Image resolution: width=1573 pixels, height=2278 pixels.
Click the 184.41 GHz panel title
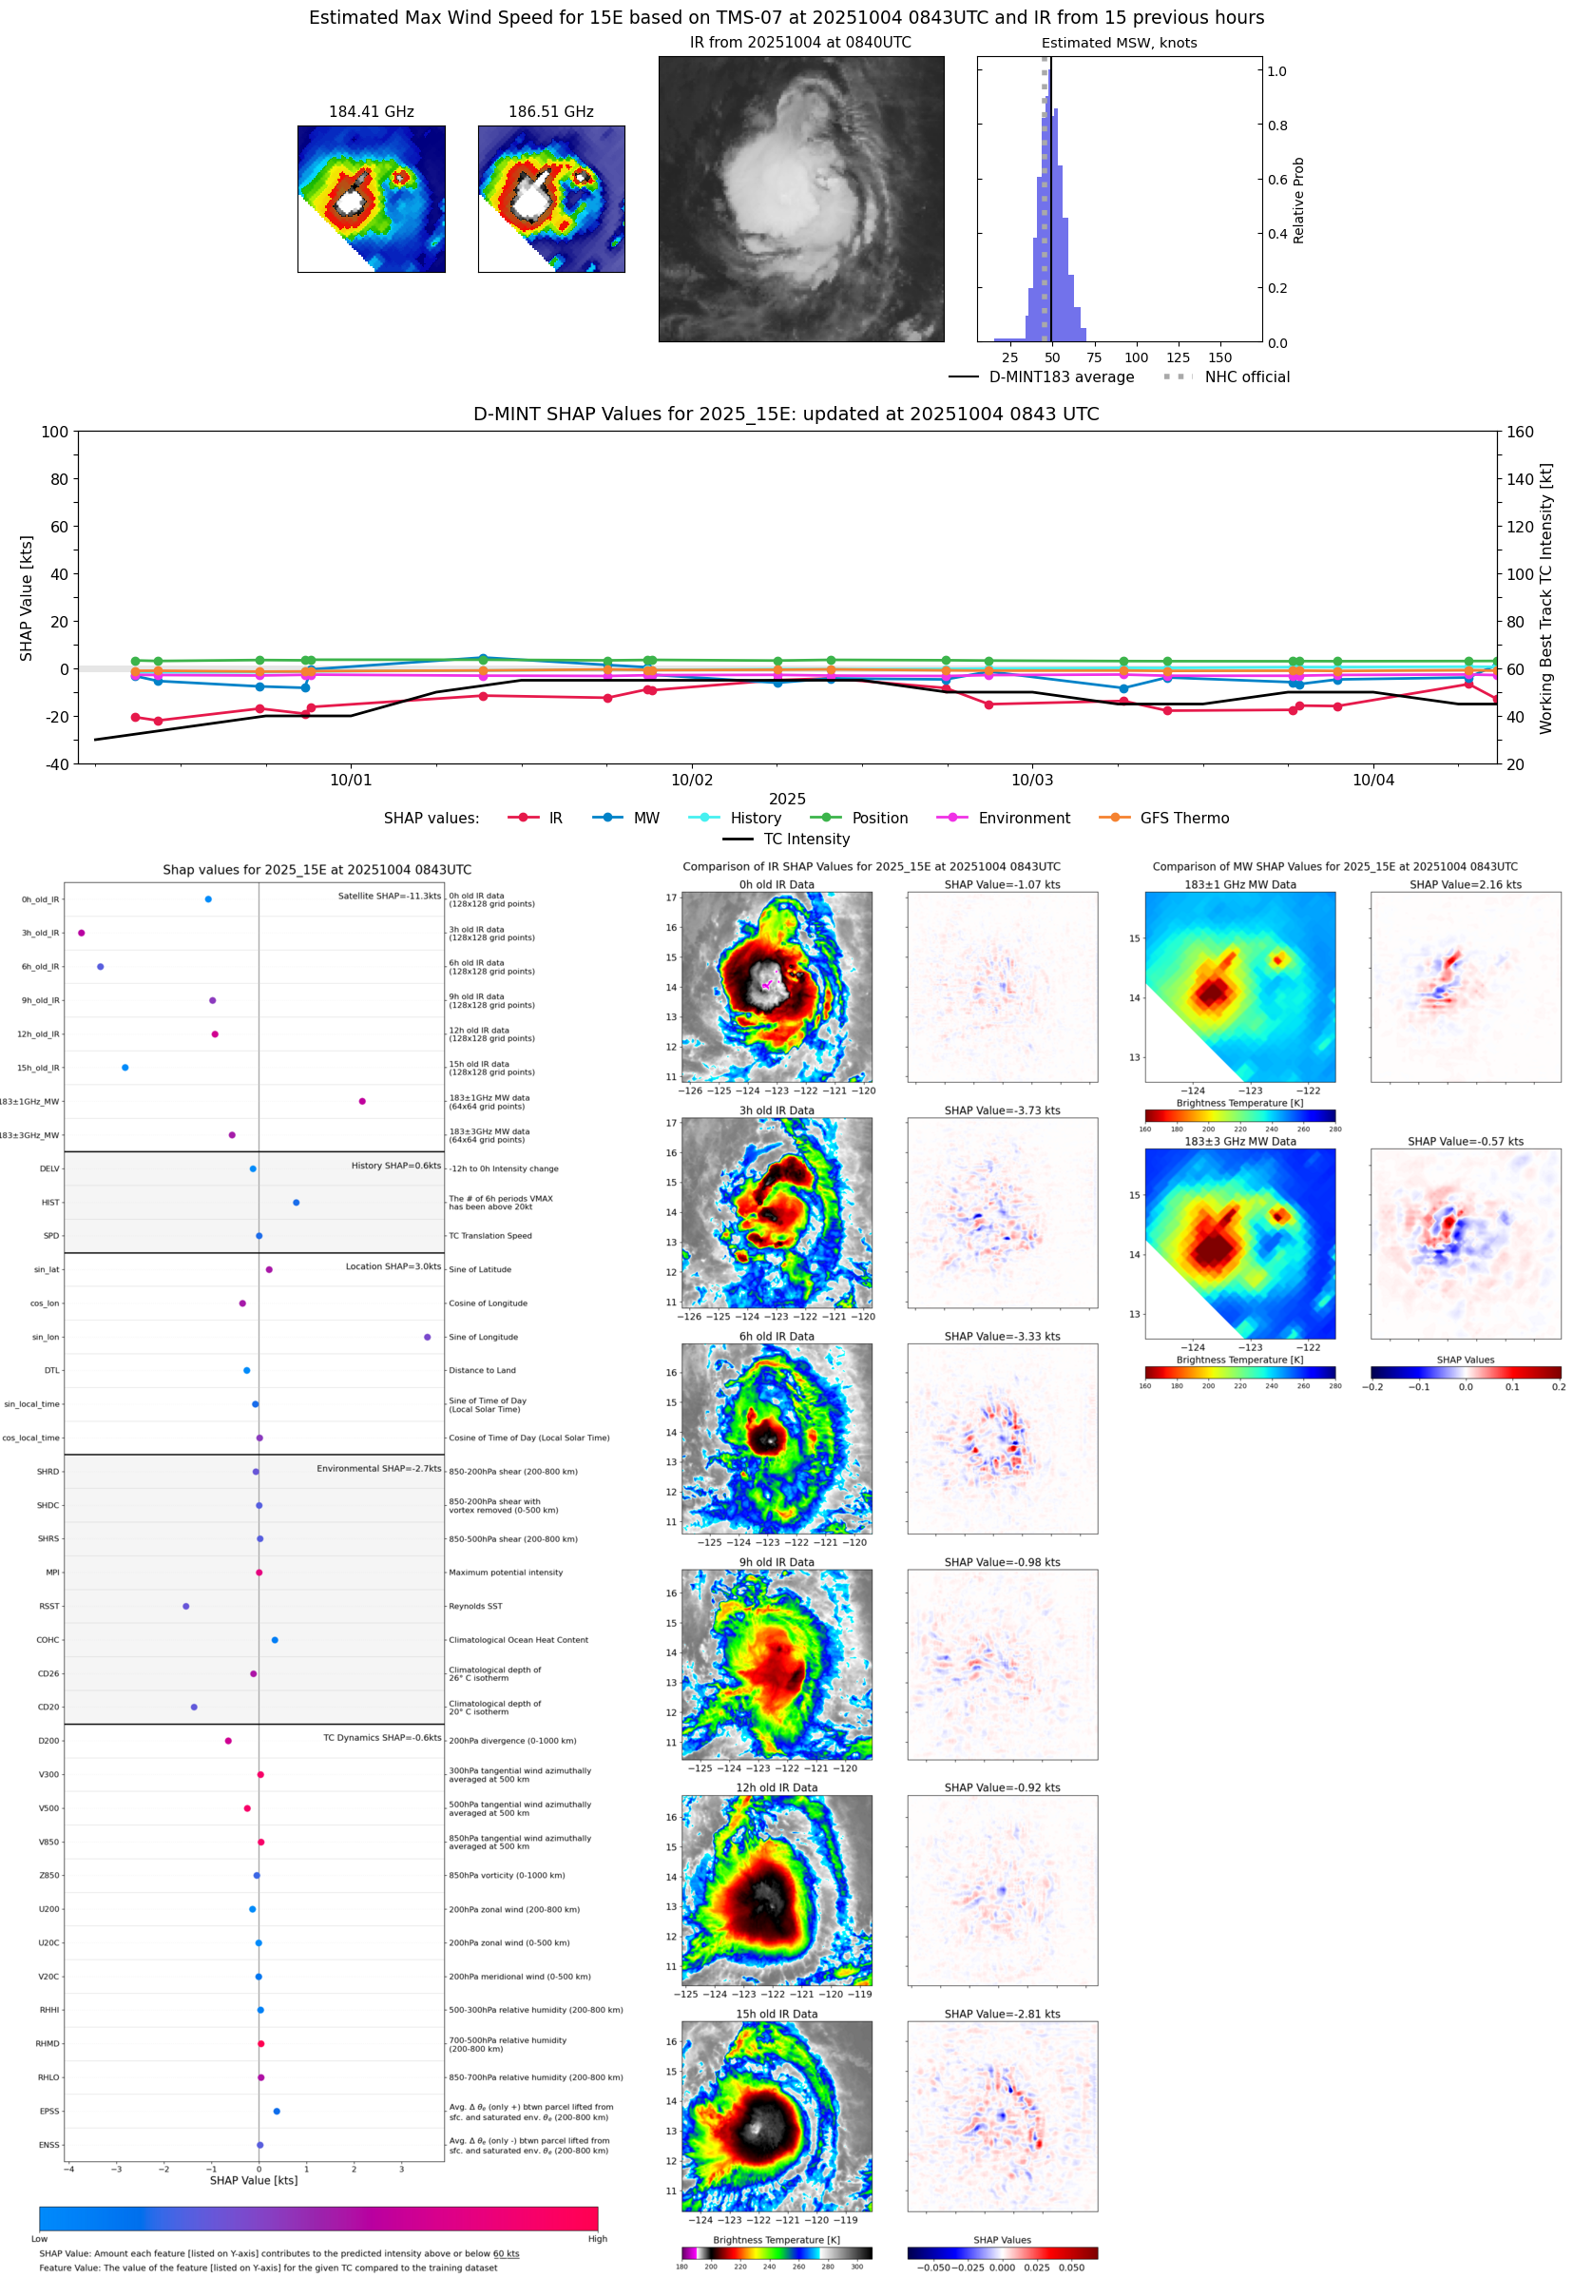click(x=371, y=112)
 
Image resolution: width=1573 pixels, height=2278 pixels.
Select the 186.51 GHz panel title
click(x=551, y=112)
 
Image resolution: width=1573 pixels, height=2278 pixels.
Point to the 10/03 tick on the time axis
click(x=1032, y=780)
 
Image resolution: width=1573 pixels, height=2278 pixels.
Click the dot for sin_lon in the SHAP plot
click(x=427, y=1337)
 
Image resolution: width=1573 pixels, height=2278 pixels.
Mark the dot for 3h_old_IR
click(x=82, y=933)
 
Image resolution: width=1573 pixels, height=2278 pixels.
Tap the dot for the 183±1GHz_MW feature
click(x=363, y=1101)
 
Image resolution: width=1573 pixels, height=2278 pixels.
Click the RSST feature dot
click(x=186, y=1606)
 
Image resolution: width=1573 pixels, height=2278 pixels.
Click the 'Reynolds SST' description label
click(x=475, y=1606)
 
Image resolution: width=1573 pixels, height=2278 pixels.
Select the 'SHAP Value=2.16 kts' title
click(x=1465, y=884)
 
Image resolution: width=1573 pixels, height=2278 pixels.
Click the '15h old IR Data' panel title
click(x=777, y=2014)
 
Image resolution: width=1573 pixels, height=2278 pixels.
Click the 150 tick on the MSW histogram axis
click(x=1219, y=357)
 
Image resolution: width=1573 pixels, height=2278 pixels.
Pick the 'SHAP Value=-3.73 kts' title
click(x=1002, y=1110)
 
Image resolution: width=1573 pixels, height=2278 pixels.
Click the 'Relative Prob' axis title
click(x=1298, y=200)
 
